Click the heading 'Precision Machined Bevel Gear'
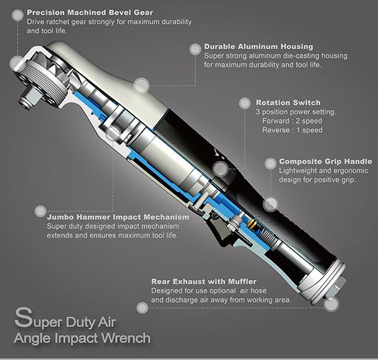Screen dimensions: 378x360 tap(90, 12)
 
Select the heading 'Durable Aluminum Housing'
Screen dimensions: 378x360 tap(258, 47)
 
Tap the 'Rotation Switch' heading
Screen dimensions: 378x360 tap(288, 103)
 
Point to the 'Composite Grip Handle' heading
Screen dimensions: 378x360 tap(326, 162)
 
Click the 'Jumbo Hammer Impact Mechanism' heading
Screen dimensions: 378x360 tap(118, 217)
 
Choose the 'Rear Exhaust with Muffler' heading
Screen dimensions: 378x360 tap(204, 282)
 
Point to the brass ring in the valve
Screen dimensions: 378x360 tap(252, 224)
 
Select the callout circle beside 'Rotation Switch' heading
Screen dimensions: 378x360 tap(244, 103)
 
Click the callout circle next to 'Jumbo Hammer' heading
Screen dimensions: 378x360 tap(40, 211)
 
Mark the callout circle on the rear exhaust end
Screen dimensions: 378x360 tap(331, 304)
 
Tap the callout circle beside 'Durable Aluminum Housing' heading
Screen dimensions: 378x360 tap(195, 49)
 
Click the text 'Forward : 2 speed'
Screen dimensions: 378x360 tap(292, 121)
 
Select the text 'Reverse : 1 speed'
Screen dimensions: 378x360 tap(292, 130)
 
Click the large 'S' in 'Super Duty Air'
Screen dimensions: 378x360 tap(23, 317)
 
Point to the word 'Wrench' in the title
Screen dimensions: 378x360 tap(128, 338)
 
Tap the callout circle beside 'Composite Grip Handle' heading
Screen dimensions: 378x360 tap(270, 164)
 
